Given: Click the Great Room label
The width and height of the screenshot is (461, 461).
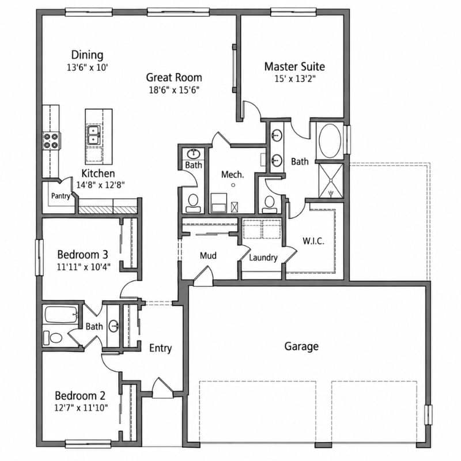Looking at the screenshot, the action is [174, 78].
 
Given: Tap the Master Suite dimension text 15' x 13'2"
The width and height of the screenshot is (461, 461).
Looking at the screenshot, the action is [295, 79].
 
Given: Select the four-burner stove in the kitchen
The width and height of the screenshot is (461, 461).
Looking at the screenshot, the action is [51, 141].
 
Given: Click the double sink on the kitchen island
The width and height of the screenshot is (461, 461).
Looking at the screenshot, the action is [94, 135].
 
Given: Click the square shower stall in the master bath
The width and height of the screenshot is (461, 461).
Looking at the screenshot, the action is [331, 181].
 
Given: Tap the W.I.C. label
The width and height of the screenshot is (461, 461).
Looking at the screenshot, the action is [313, 241].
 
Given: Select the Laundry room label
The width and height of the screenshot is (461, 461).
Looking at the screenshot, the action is [263, 258].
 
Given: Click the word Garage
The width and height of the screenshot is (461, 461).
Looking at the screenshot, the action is [301, 346].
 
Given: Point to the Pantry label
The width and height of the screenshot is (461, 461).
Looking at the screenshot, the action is [61, 196].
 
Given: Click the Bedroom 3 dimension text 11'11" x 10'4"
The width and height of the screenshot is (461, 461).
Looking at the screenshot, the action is [84, 267].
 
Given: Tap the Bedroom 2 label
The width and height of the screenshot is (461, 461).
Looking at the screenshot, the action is [80, 396].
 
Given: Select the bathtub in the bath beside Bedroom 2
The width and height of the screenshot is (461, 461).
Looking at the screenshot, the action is [61, 315].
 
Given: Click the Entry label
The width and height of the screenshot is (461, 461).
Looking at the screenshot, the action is [161, 349].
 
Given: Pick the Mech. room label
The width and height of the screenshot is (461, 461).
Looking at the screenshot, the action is [233, 175].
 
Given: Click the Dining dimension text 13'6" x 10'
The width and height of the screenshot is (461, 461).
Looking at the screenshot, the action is [88, 67].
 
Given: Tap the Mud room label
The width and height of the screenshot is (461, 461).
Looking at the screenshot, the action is [208, 255].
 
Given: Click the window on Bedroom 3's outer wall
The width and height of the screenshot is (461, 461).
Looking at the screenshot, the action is [39, 258].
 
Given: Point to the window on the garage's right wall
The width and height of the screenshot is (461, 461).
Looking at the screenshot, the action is [428, 414].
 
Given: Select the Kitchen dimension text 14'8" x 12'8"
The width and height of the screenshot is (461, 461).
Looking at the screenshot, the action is [100, 185].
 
